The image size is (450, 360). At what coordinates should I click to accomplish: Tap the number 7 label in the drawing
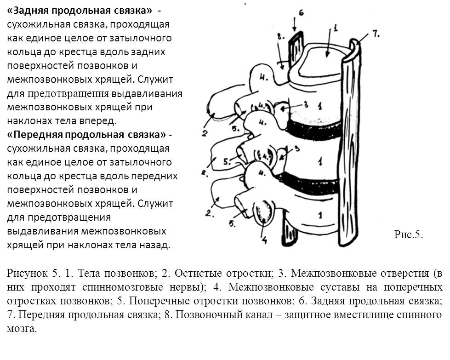(x=375, y=34)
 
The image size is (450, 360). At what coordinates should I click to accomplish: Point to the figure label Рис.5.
(x=408, y=234)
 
